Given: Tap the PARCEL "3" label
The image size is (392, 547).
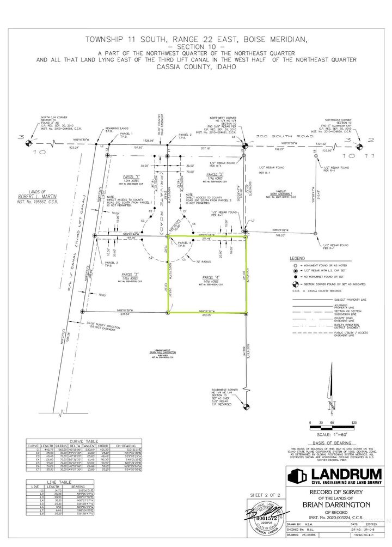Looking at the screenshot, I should tap(128, 273).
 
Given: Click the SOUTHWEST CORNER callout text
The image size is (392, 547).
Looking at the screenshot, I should tap(227, 391).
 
